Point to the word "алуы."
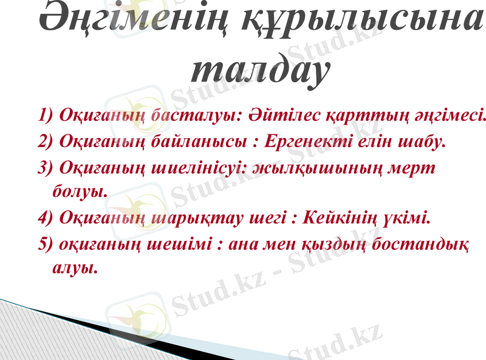tap(75, 267)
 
